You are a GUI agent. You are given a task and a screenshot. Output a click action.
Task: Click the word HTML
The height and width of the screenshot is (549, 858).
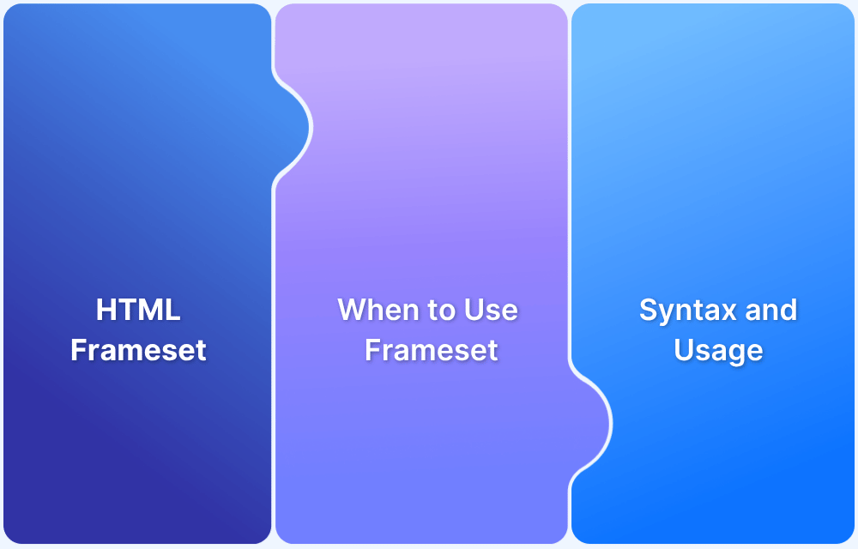(138, 310)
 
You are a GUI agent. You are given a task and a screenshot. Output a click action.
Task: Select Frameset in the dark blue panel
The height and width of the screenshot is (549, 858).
(138, 350)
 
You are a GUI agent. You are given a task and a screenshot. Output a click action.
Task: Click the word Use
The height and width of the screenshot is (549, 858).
(491, 310)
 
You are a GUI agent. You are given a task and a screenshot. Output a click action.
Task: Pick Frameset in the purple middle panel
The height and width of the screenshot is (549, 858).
(432, 350)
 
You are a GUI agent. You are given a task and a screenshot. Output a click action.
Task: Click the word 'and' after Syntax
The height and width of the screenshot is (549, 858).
(771, 310)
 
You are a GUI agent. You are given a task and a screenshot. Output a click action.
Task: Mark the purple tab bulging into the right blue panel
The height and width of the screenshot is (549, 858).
(591, 424)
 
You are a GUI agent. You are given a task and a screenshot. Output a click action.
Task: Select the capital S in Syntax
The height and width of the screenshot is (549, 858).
(649, 310)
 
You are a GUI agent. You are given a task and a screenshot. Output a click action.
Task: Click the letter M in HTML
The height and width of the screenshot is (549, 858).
(150, 310)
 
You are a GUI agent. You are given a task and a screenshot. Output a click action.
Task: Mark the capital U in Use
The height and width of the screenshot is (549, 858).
(474, 310)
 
